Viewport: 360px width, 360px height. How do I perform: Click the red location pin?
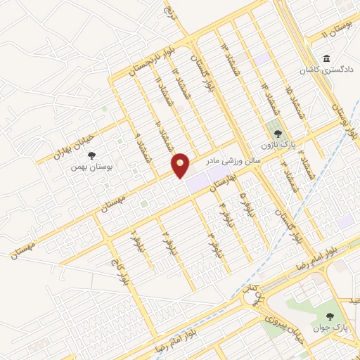point(181,165)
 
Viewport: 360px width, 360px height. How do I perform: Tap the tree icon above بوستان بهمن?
point(92,156)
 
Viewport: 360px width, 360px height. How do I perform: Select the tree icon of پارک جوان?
point(330,318)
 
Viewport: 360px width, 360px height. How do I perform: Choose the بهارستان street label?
point(218,182)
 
